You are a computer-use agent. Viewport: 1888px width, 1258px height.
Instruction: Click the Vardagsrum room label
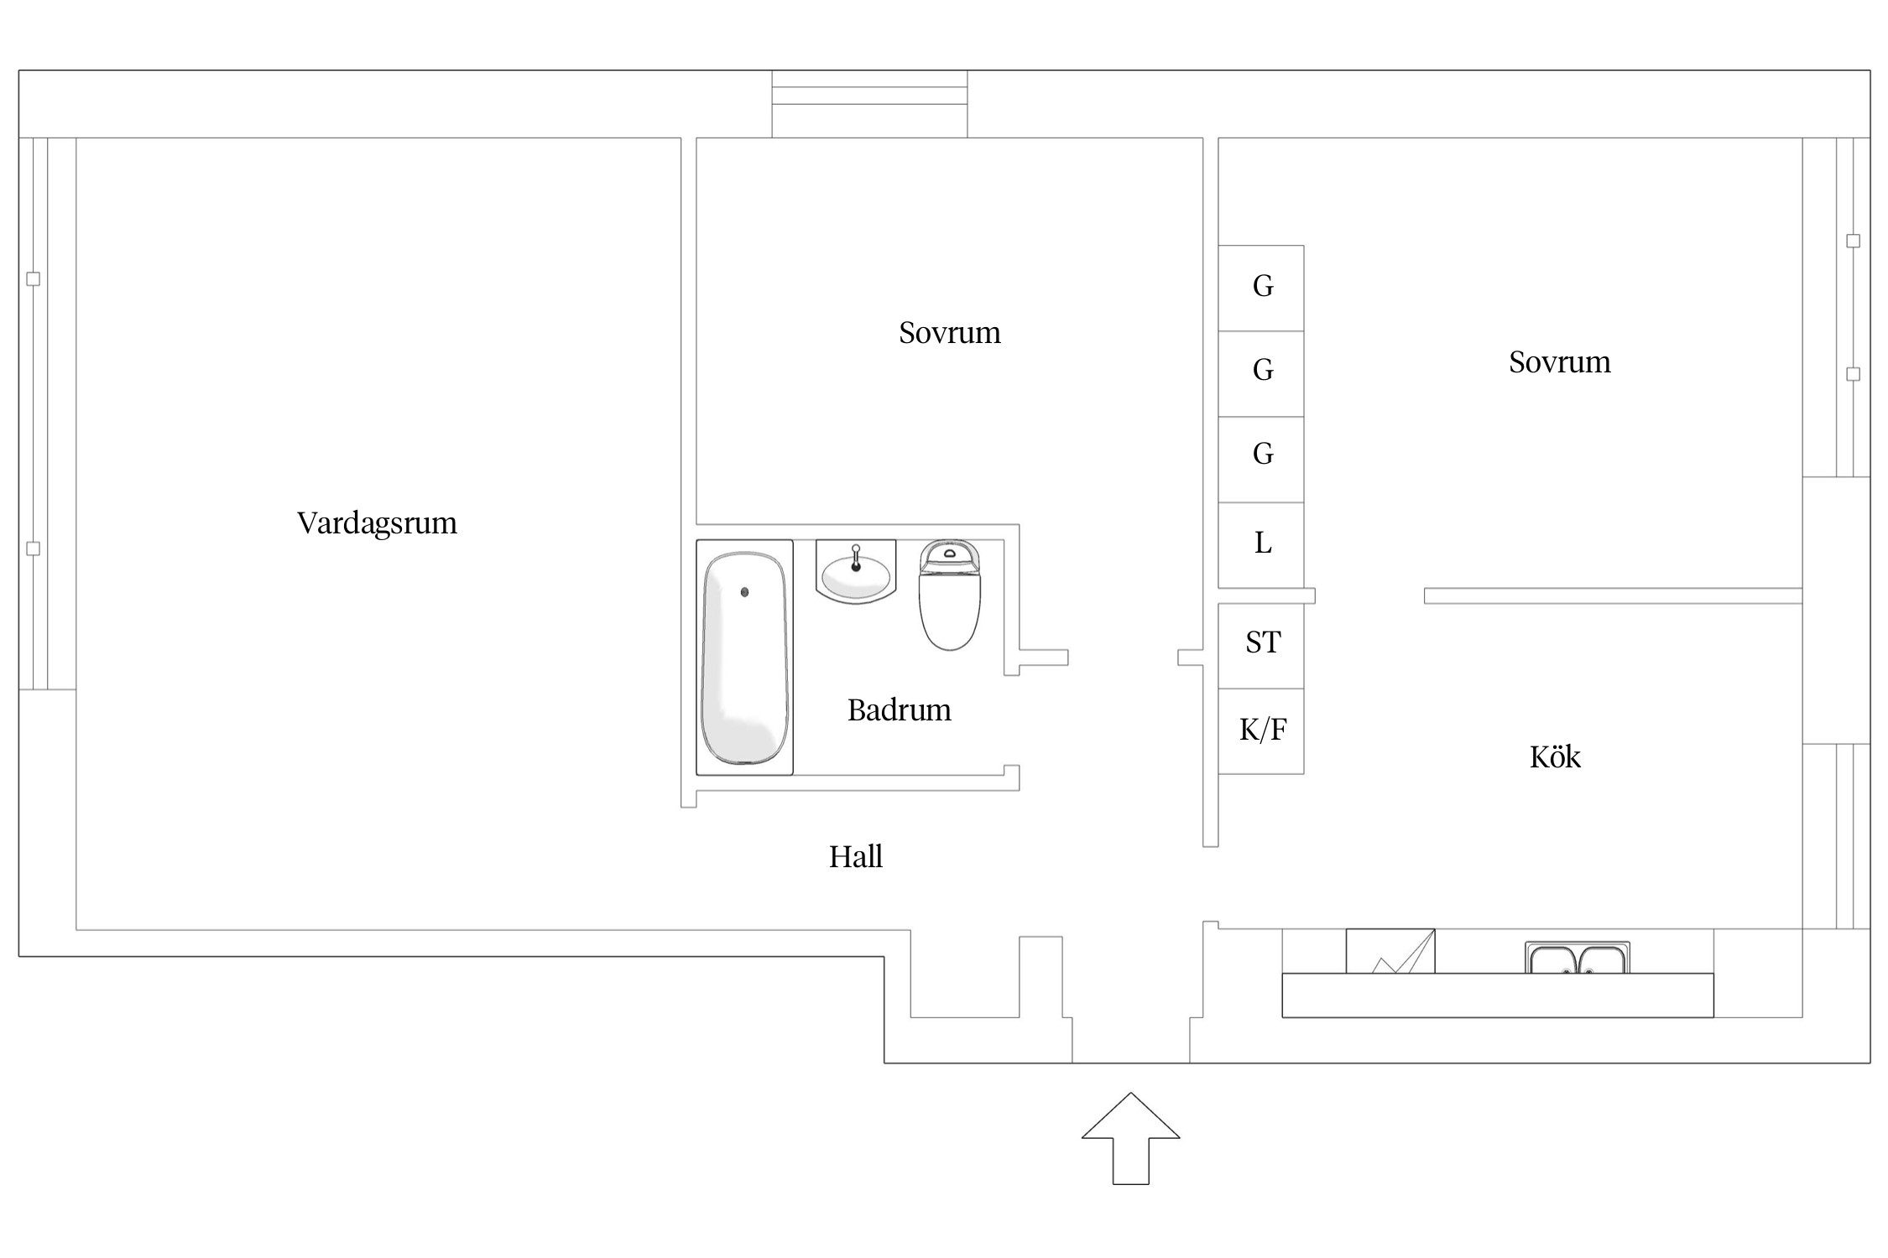[377, 523]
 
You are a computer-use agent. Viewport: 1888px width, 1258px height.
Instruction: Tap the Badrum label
[899, 710]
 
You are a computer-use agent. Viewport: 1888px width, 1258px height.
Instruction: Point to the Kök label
[1554, 757]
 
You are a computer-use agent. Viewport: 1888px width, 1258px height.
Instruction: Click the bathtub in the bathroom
[744, 658]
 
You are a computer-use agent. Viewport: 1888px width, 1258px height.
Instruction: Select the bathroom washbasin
[855, 574]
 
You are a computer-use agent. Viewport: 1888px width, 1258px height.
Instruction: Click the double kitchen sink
[1577, 958]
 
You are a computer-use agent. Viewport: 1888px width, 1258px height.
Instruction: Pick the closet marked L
[1261, 544]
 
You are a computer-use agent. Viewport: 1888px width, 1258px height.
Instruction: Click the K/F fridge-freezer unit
[1261, 730]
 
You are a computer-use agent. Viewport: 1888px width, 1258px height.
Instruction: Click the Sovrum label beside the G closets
[1559, 362]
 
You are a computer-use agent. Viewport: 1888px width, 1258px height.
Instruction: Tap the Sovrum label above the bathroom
[949, 333]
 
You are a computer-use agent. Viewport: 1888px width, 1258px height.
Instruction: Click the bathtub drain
[744, 592]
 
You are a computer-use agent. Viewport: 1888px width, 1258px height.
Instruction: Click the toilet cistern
[949, 555]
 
